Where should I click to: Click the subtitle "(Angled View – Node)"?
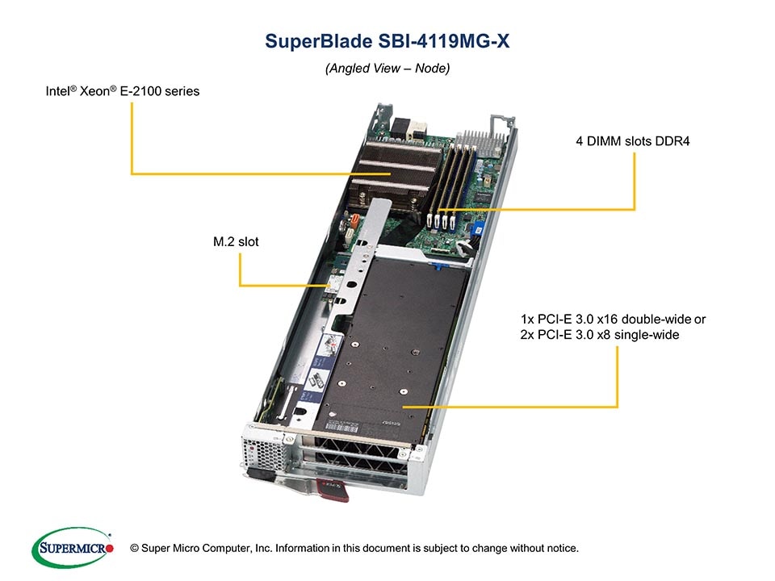tap(387, 69)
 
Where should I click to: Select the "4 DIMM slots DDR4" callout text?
tap(639, 142)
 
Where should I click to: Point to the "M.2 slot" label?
tap(236, 241)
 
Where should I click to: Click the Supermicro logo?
tap(72, 547)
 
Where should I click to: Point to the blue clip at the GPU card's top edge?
tap(440, 264)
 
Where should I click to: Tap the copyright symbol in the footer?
tap(135, 549)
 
